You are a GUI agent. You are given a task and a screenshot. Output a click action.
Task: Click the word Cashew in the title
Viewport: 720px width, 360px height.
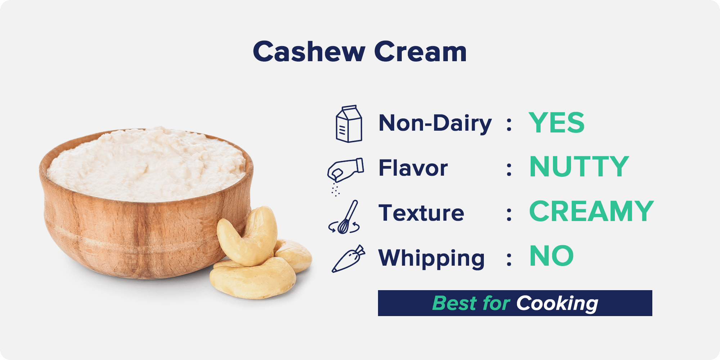(x=309, y=51)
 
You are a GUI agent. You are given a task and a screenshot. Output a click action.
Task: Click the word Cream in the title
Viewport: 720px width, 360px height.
(x=420, y=51)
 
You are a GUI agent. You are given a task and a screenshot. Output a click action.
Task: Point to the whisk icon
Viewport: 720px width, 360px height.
(x=345, y=217)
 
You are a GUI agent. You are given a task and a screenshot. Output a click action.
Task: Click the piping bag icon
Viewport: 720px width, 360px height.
(x=348, y=258)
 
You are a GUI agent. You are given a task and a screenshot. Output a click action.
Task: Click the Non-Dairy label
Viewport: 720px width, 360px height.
(x=435, y=123)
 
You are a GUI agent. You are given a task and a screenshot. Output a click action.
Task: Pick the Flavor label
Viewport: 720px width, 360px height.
(x=413, y=168)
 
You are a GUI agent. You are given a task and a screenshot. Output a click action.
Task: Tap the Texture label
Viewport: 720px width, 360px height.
(x=421, y=213)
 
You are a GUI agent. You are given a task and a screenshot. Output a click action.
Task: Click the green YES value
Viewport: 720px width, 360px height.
(x=557, y=123)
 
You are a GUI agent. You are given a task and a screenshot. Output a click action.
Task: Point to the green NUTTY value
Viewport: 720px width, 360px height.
(x=579, y=167)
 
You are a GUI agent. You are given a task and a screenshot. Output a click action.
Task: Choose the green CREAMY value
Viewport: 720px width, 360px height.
(x=591, y=211)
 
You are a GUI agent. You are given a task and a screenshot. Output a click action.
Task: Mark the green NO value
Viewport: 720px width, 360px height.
(x=552, y=256)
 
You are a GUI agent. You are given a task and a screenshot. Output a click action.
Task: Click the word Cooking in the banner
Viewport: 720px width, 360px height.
(x=557, y=303)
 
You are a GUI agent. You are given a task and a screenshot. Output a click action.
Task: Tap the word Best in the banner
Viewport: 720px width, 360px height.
(x=454, y=303)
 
